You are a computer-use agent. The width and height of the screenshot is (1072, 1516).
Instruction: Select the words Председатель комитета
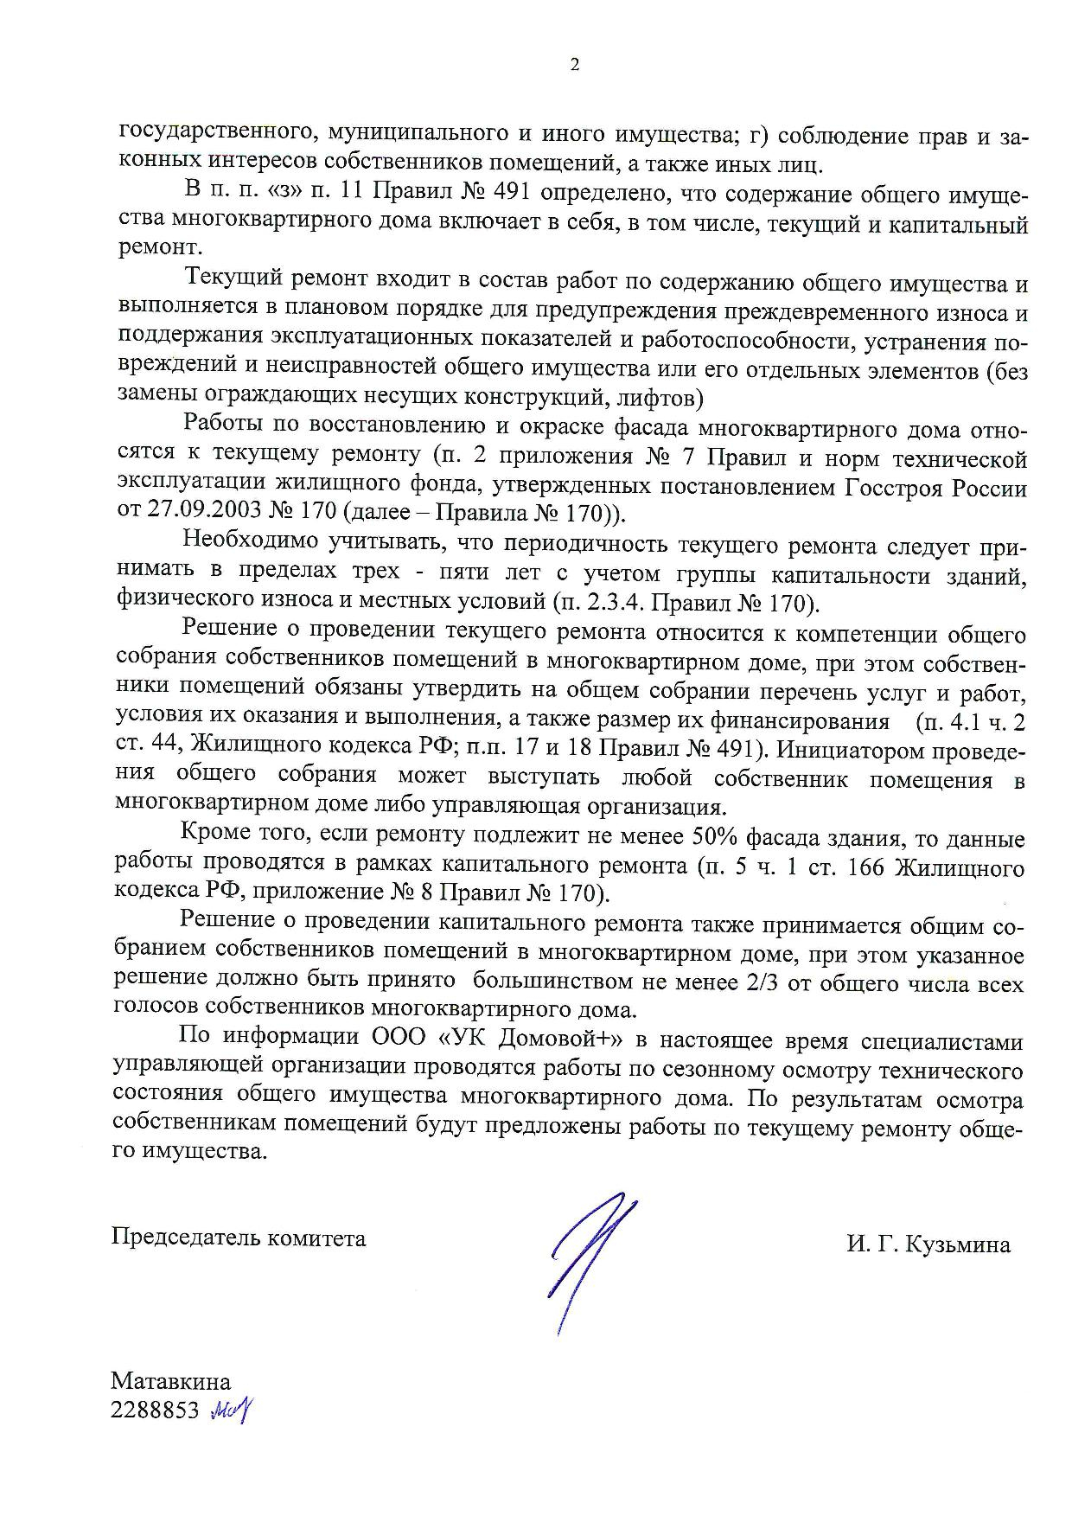click(x=239, y=1238)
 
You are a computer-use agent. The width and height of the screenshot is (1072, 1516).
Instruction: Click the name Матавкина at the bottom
click(x=171, y=1380)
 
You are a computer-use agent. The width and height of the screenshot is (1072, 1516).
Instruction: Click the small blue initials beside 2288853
click(x=231, y=1410)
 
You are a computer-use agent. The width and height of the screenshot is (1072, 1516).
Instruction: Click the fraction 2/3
click(x=747, y=984)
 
